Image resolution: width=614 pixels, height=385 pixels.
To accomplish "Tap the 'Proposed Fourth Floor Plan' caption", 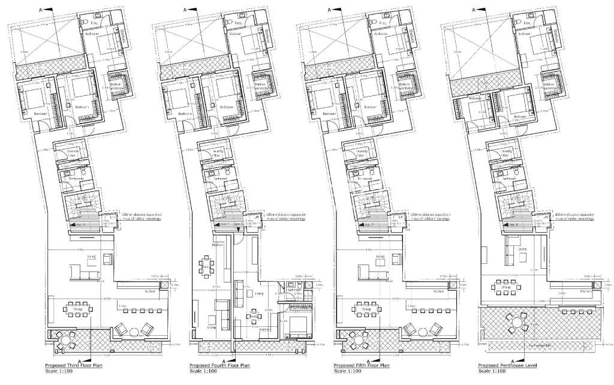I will pyautogui.click(x=219, y=365).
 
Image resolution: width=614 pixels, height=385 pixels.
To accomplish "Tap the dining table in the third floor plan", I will pyautogui.click(x=77, y=310).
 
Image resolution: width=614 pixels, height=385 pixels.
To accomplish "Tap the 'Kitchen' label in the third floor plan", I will pyautogui.click(x=148, y=291).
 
